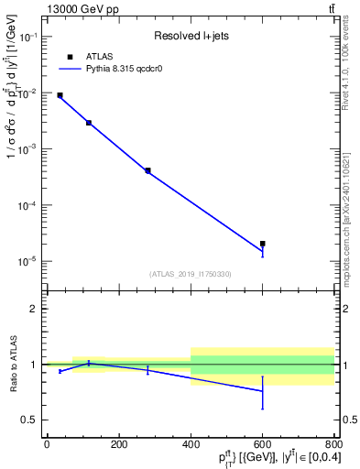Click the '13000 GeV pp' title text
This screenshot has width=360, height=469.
coord(78,9)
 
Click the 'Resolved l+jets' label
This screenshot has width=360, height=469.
coord(190,36)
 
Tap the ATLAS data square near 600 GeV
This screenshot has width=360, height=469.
coord(263,244)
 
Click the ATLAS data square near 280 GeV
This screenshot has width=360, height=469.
coord(147,170)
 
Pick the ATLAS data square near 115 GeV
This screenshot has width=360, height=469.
coord(89,123)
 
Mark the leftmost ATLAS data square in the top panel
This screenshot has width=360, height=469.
coord(60,95)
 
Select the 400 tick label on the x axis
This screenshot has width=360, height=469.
coord(191,444)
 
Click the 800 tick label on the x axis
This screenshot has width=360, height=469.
coord(333,444)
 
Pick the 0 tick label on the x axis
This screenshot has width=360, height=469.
coord(47,444)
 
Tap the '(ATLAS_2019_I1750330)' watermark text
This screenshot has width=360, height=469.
coord(191,274)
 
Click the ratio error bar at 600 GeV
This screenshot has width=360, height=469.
coord(263,392)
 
